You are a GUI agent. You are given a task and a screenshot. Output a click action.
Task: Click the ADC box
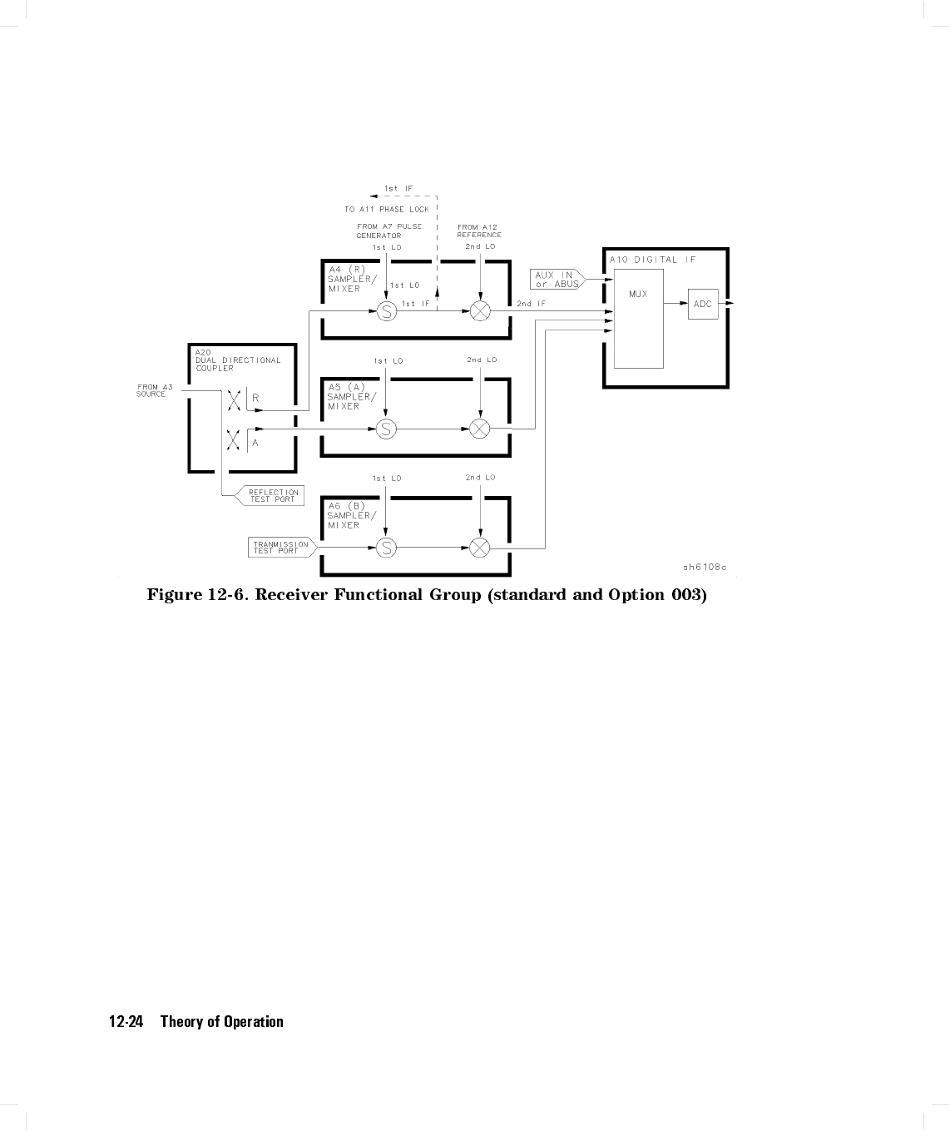coord(703,304)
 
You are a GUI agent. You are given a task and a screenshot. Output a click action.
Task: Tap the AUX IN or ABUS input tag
coord(557,280)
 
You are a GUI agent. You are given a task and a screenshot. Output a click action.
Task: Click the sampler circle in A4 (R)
coord(387,311)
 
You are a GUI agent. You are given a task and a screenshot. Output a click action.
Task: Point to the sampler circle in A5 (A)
coord(386,429)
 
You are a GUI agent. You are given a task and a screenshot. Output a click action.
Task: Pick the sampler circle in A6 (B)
coord(386,548)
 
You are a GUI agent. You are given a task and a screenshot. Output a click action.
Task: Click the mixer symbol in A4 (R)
coord(480,311)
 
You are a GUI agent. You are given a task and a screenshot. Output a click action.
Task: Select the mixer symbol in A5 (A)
coord(480,429)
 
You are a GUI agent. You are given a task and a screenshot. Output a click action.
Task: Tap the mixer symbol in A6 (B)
coord(480,548)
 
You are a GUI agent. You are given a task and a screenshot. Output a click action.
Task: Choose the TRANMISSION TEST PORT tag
coord(280,548)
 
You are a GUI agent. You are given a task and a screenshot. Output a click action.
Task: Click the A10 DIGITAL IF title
coord(653,260)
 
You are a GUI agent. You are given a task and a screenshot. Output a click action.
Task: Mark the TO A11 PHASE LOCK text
coord(387,210)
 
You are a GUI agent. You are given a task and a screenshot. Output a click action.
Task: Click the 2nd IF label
coord(531,305)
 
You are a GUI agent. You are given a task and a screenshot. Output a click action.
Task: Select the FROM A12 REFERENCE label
coord(479,231)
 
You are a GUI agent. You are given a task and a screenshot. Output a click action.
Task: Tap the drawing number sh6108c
coord(705,568)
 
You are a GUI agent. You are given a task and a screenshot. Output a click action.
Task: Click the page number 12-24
coord(126,1022)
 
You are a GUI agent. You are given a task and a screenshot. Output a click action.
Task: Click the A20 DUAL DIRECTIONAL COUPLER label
coord(237,360)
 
